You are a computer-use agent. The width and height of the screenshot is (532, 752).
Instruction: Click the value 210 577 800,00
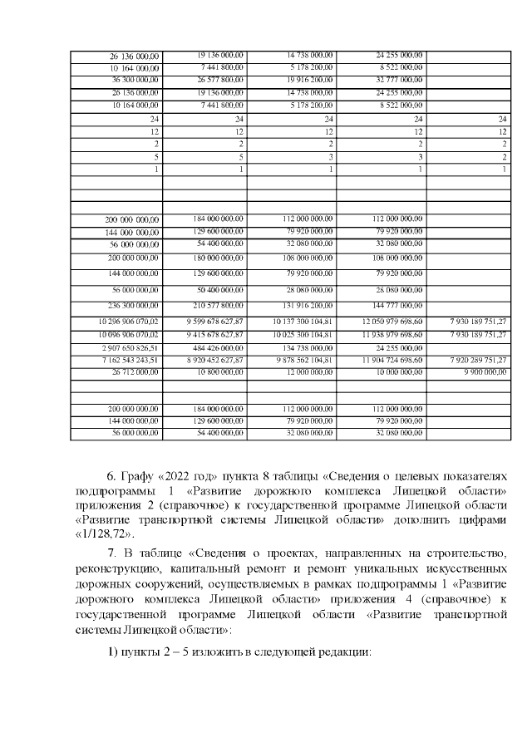pyautogui.click(x=218, y=305)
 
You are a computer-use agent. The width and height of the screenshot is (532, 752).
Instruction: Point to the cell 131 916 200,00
pyautogui.click(x=308, y=305)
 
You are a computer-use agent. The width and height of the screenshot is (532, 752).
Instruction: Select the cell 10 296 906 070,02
pyautogui.click(x=129, y=321)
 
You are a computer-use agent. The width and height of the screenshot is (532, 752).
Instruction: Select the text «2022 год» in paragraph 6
pyautogui.click(x=172, y=476)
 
